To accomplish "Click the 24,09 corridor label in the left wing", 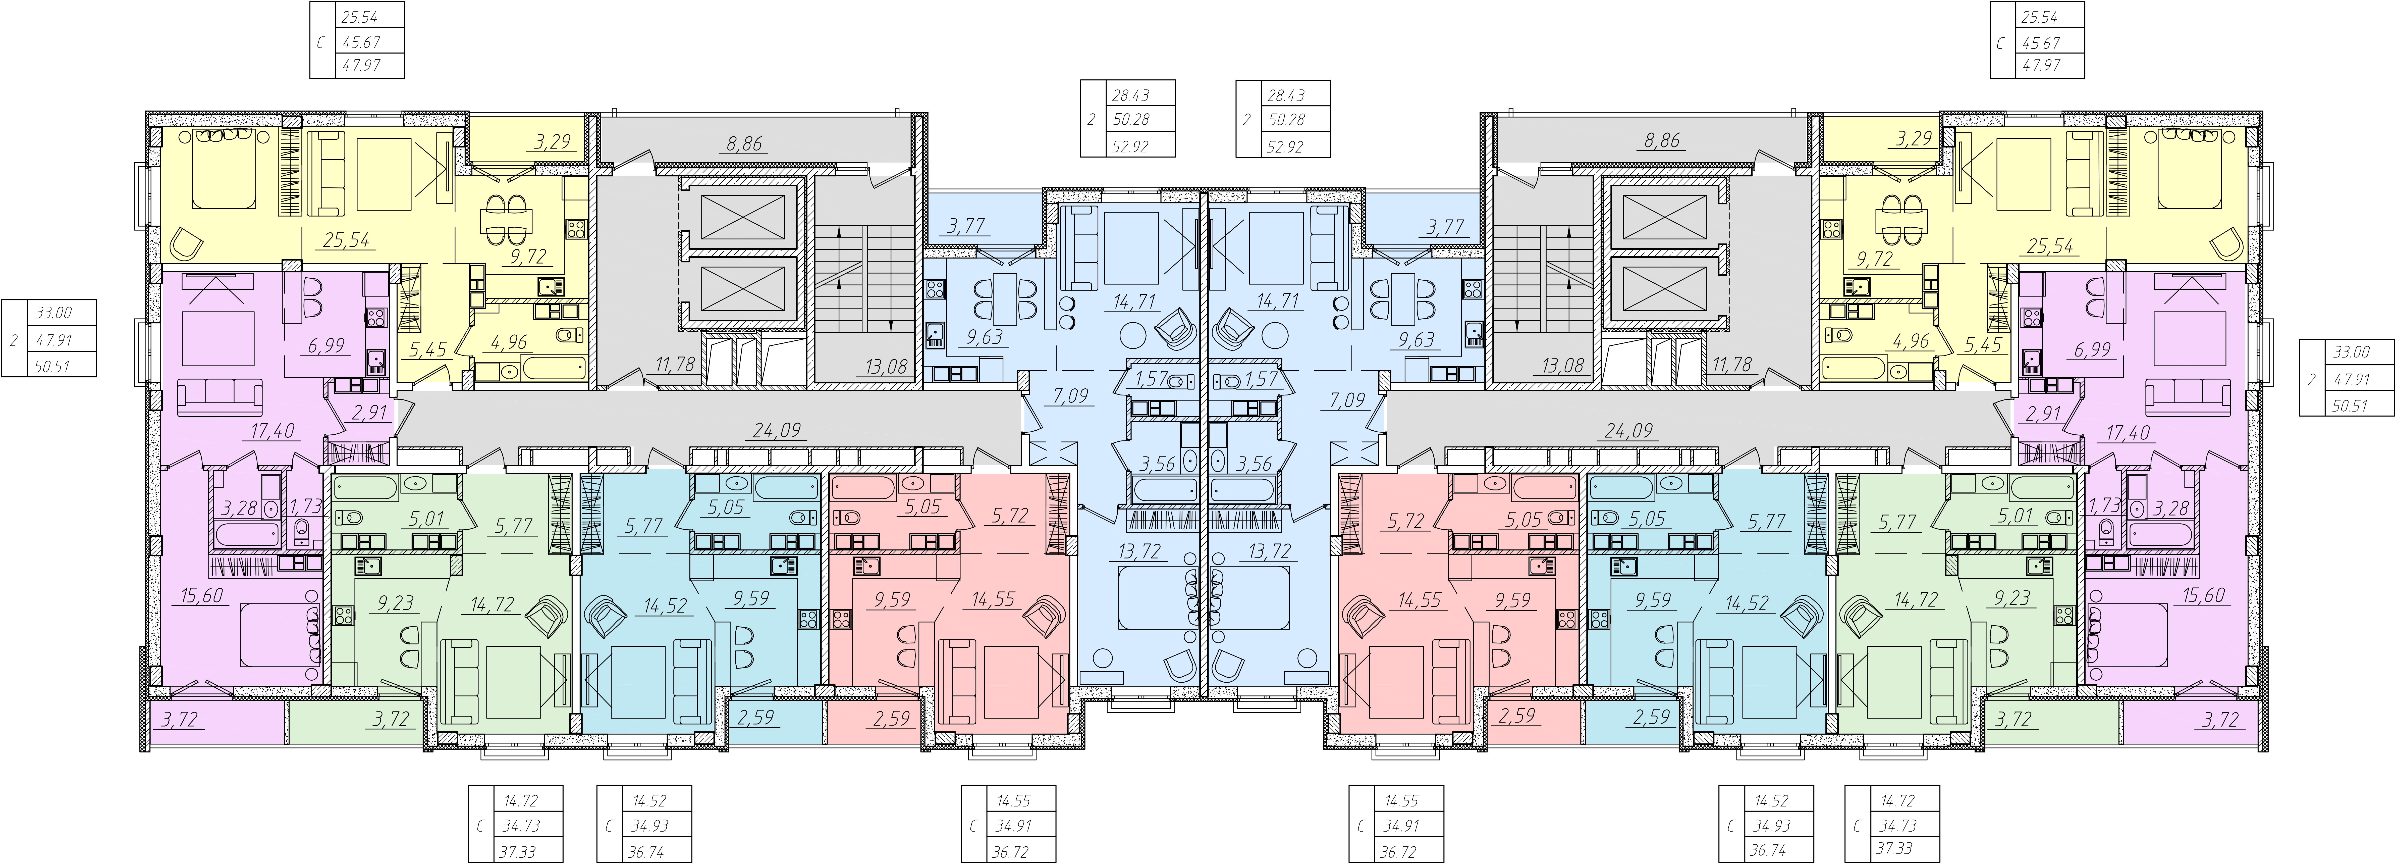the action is click(x=777, y=431).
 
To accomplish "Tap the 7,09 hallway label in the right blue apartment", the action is click(x=1348, y=400).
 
